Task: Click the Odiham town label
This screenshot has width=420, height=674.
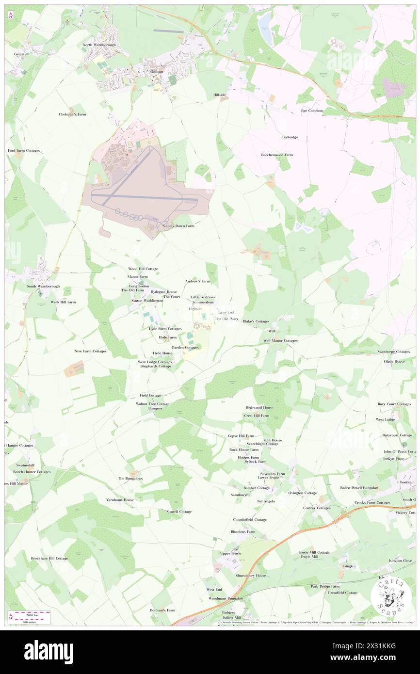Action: coord(157,71)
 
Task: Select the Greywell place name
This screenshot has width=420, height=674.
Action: coord(21,54)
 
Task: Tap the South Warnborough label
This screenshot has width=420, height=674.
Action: coord(43,286)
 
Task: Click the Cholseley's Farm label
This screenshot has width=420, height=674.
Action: coord(72,114)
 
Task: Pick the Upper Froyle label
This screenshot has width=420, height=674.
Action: coord(230,553)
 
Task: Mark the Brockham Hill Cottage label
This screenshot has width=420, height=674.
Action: coord(49,558)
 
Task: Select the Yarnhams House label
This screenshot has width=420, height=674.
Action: coord(120,499)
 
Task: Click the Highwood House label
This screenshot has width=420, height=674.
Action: coord(259,407)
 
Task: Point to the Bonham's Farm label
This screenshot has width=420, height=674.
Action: coord(162,610)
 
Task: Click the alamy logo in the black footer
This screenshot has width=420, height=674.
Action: coord(48,652)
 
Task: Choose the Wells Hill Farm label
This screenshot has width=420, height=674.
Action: coord(63,302)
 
